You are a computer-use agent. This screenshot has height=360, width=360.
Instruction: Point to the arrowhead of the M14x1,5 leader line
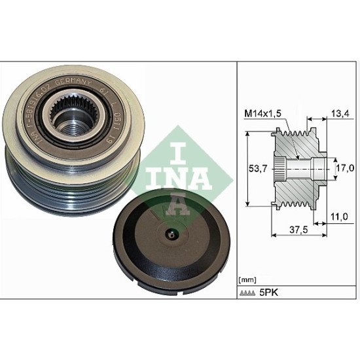298,157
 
